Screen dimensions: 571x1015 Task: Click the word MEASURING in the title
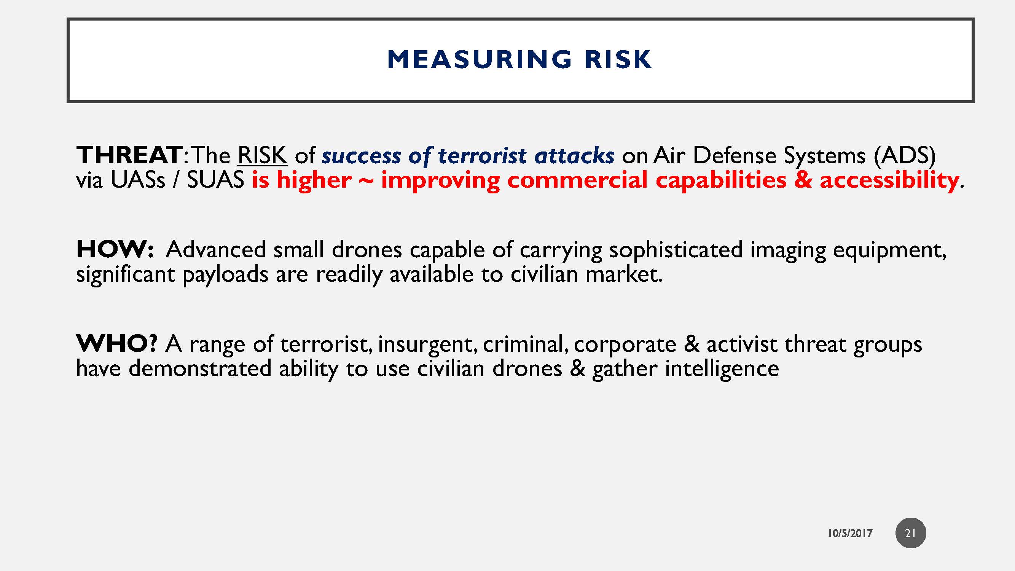[479, 59]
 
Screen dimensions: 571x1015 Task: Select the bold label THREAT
[129, 155]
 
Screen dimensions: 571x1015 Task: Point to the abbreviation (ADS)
[905, 155]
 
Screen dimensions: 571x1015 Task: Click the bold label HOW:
[115, 249]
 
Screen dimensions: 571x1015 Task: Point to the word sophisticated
[676, 249]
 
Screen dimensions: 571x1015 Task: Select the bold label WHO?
[116, 344]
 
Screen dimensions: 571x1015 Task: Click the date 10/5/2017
[850, 533]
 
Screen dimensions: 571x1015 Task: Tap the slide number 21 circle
[911, 533]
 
